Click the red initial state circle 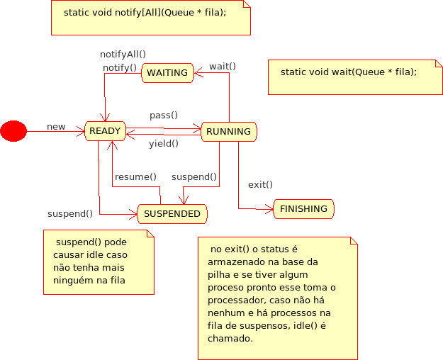[x=13, y=131]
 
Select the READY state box [x=105, y=131]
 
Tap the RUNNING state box [x=228, y=131]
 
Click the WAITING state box [x=167, y=72]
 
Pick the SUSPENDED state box [x=172, y=213]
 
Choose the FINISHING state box [x=303, y=209]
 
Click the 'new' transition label [x=56, y=127]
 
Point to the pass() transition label [x=164, y=115]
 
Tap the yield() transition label [x=164, y=144]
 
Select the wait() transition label [x=223, y=67]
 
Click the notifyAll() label [x=123, y=54]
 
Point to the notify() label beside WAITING [x=120, y=67]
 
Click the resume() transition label [x=135, y=176]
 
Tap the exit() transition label [x=260, y=184]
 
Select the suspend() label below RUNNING [x=194, y=176]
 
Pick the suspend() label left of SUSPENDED [x=70, y=213]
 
